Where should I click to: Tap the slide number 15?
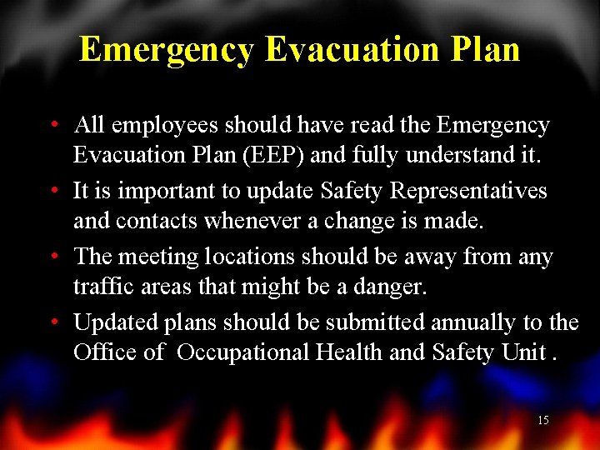click(x=542, y=421)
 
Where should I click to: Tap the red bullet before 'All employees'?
click(x=53, y=127)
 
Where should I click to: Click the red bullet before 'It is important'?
click(x=53, y=192)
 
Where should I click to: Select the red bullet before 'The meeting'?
click(x=53, y=257)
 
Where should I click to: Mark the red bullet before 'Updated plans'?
click(x=53, y=322)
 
